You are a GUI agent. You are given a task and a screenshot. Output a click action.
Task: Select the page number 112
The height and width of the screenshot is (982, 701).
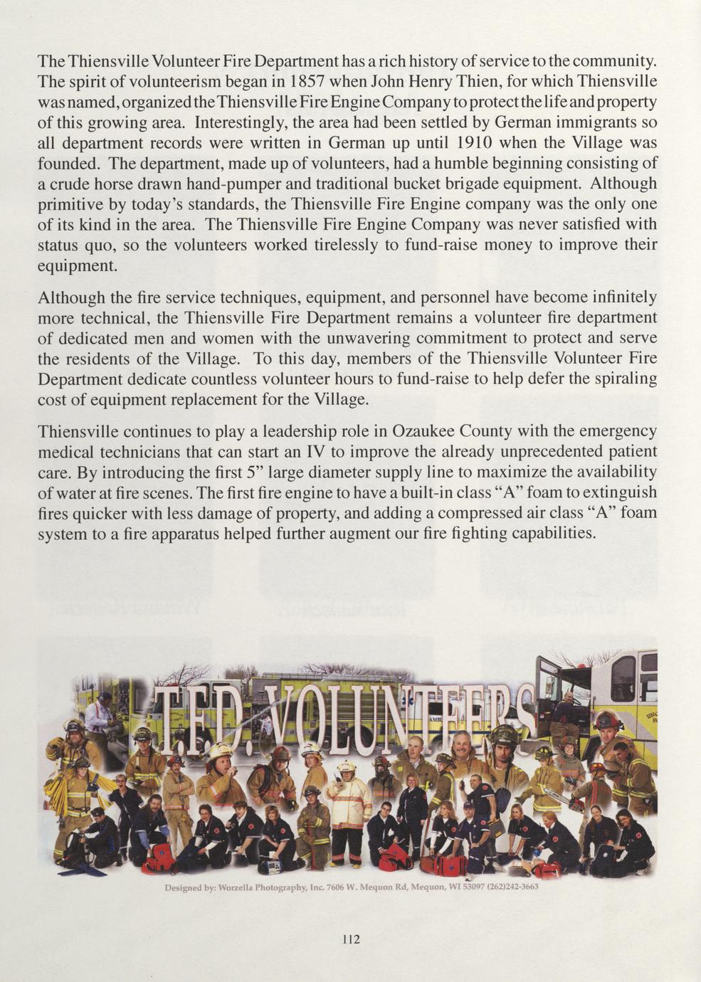click(351, 939)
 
